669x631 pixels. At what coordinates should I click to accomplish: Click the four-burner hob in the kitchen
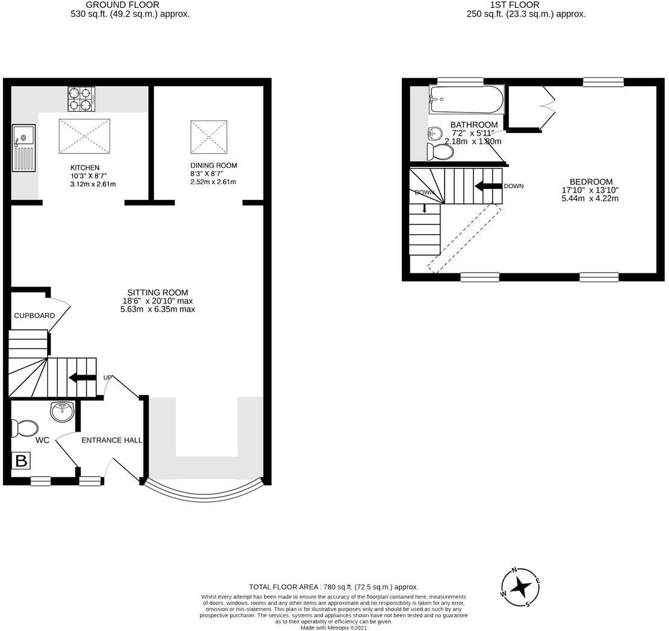point(81,99)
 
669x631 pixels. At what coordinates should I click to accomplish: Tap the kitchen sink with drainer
point(23,148)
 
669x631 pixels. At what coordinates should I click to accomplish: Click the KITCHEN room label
point(85,167)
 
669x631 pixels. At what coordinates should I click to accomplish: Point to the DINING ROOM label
point(214,166)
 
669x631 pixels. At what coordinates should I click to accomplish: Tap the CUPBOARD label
point(34,315)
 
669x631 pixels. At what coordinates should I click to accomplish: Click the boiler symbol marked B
point(21,461)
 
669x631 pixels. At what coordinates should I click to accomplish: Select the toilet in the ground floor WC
point(25,429)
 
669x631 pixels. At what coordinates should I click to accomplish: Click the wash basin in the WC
point(63,412)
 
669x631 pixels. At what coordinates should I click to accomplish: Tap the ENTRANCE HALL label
point(112,440)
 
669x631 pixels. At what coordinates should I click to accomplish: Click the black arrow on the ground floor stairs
point(82,378)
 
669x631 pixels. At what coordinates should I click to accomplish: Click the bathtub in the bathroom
point(466,99)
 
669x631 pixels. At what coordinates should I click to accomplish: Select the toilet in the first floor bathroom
point(440,151)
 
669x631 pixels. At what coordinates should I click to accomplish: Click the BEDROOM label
point(591,182)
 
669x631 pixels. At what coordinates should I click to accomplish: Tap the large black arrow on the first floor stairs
point(488,186)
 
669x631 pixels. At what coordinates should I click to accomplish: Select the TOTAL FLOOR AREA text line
point(333,586)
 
